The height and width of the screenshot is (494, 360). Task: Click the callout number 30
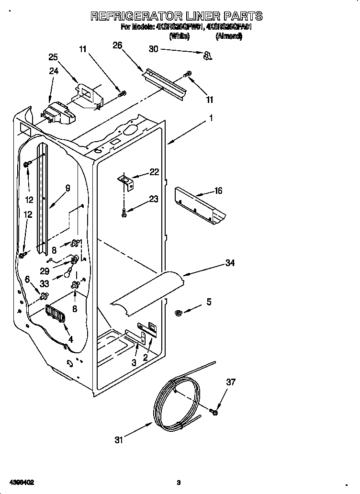pyautogui.click(x=153, y=49)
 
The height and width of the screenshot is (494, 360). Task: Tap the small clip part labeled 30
pyautogui.click(x=207, y=56)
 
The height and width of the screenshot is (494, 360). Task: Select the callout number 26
pyautogui.click(x=117, y=45)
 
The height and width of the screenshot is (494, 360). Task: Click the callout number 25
pyautogui.click(x=53, y=57)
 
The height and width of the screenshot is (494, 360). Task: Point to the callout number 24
pyautogui.click(x=53, y=71)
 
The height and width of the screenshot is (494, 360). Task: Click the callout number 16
pyautogui.click(x=218, y=191)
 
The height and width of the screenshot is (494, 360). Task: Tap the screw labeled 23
pyautogui.click(x=124, y=212)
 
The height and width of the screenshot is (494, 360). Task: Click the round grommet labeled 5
pyautogui.click(x=178, y=313)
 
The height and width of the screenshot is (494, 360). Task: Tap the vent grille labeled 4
pyautogui.click(x=56, y=316)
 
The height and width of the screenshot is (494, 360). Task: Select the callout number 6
pyautogui.click(x=27, y=279)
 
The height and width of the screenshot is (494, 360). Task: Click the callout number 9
pyautogui.click(x=67, y=189)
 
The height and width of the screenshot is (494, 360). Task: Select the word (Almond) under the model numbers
pyautogui.click(x=229, y=36)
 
